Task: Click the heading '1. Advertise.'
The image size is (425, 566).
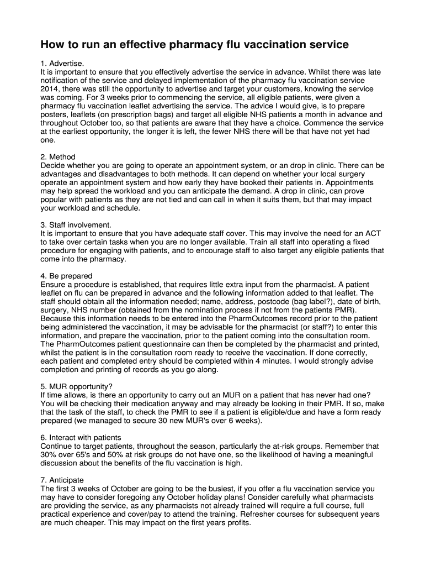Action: click(x=62, y=64)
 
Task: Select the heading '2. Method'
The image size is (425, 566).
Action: click(x=58, y=157)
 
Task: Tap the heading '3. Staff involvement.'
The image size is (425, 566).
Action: click(x=76, y=225)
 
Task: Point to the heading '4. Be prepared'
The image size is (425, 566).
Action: click(x=66, y=276)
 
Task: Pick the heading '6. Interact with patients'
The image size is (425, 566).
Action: click(x=81, y=437)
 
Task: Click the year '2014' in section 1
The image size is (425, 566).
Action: click(x=51, y=88)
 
